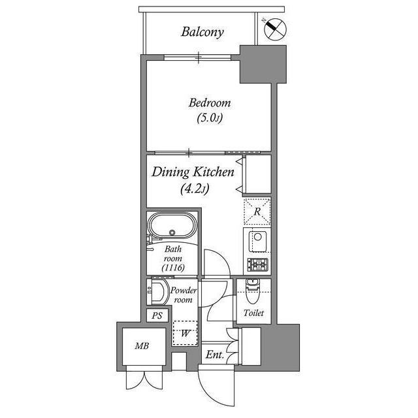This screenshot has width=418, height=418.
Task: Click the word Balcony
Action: (202, 31)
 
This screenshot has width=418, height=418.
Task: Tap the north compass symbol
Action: (275, 28)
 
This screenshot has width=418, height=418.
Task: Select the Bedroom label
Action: (210, 103)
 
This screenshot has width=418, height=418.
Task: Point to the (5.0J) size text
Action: (210, 119)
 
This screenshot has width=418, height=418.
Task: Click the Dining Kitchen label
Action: (193, 173)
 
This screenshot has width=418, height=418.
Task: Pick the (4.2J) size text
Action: (194, 189)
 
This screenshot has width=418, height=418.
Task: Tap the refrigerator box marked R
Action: (257, 211)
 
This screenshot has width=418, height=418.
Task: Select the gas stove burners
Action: (257, 265)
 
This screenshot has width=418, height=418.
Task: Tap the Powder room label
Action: (182, 295)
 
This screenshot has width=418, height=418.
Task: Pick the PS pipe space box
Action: (157, 315)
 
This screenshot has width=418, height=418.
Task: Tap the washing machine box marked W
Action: (185, 334)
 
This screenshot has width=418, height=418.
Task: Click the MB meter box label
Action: (140, 347)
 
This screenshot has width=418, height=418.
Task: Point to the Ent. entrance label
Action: (215, 355)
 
